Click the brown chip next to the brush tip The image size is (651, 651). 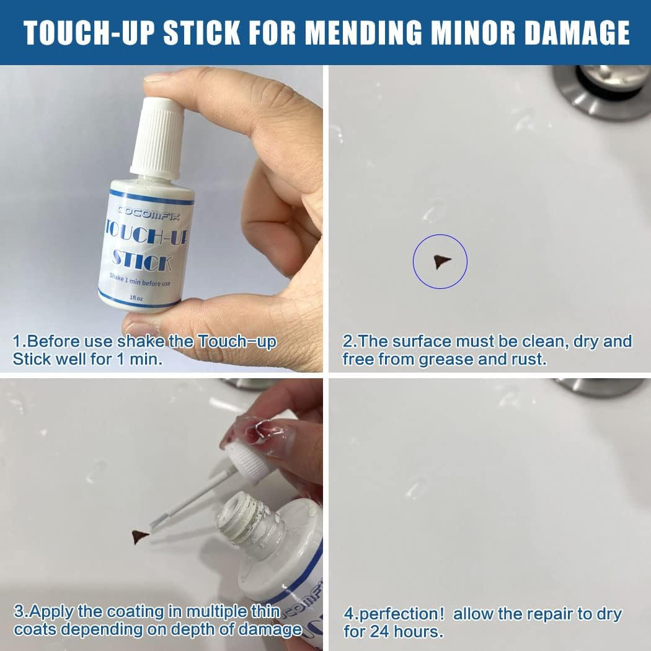click(x=140, y=536)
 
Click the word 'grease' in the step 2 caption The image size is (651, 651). click(x=448, y=359)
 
